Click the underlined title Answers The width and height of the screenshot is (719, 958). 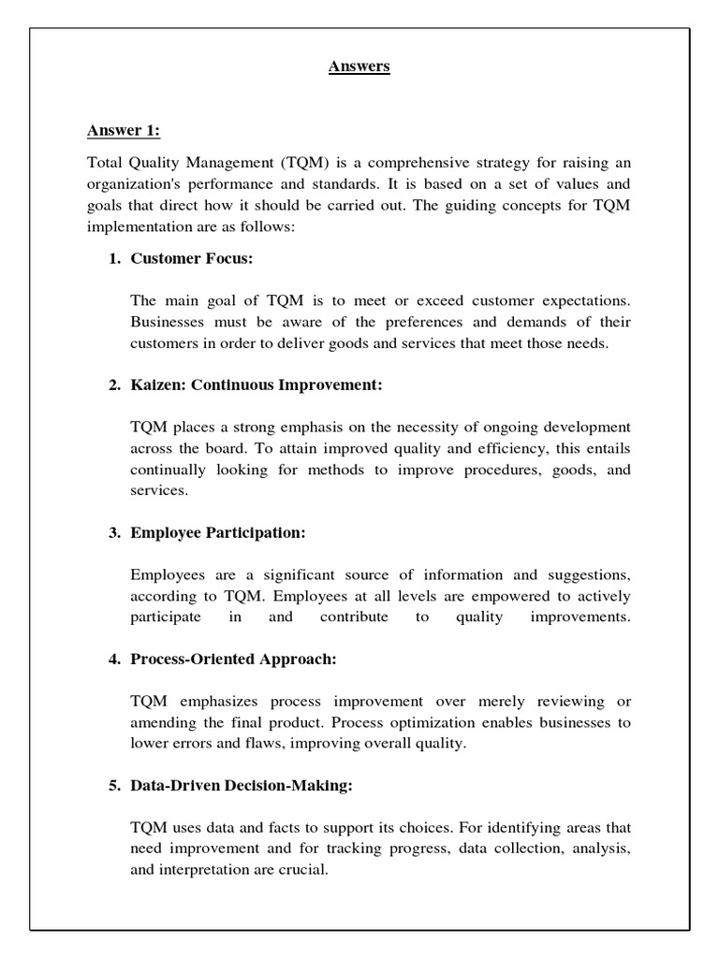[359, 66]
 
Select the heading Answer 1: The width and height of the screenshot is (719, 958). [124, 129]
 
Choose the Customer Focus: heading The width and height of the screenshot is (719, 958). [192, 258]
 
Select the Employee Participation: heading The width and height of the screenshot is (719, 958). [218, 532]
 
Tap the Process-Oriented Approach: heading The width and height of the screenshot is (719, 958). [233, 660]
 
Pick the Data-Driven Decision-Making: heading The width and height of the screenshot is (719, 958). [242, 786]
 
